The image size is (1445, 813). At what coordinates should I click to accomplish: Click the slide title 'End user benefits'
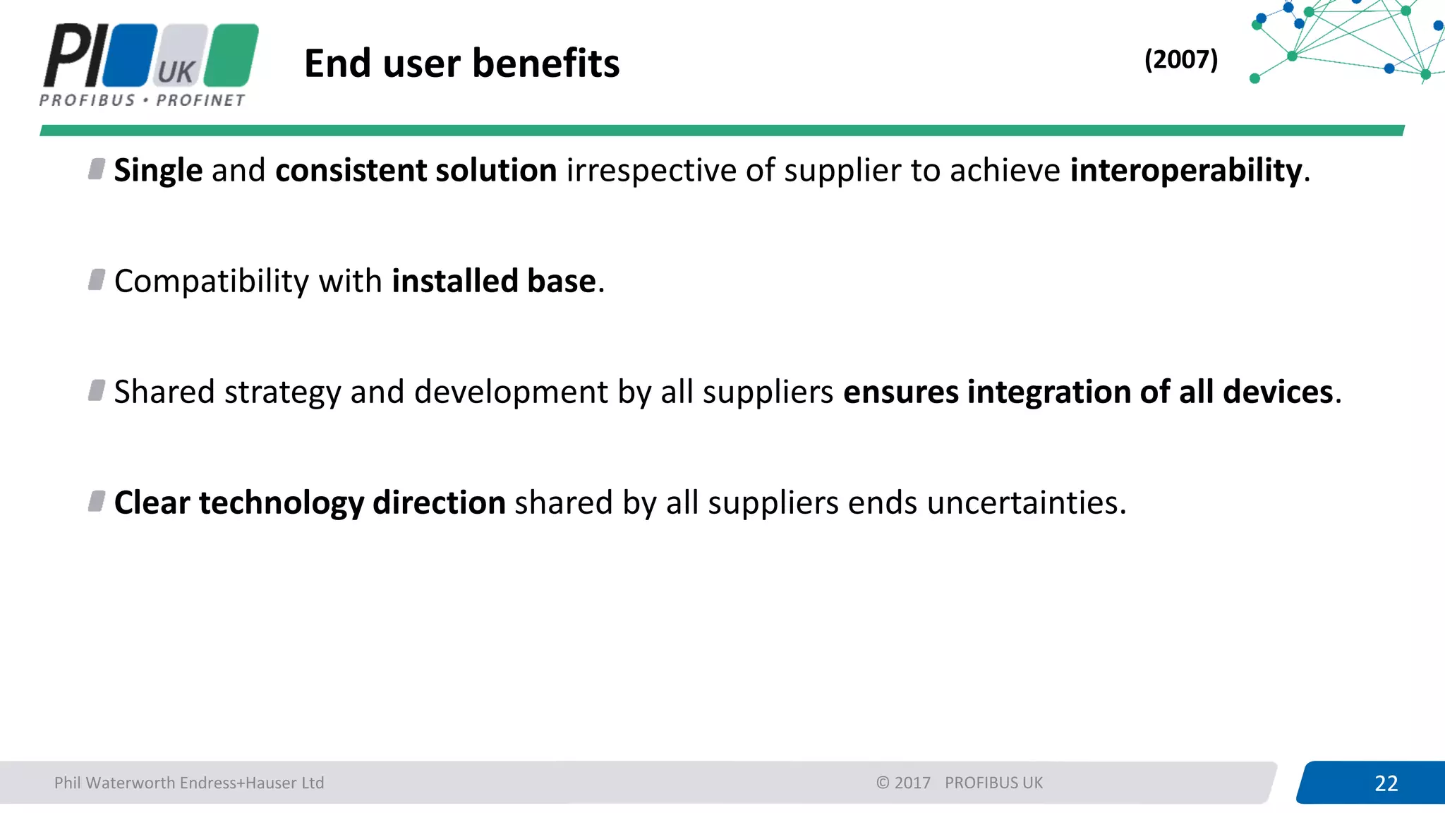point(461,64)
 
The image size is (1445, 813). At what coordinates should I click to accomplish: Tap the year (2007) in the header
point(1180,59)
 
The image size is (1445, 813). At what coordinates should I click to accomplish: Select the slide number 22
point(1386,783)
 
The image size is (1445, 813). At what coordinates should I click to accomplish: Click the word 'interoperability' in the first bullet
point(1185,171)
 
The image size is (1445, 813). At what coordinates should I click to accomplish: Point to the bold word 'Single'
point(158,171)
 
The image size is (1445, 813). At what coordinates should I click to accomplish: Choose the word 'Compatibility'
point(212,282)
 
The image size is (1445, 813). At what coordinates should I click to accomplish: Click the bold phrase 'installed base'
point(494,282)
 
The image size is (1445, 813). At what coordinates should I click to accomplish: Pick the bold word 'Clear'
point(152,503)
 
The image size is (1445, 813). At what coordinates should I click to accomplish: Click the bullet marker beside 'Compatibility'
point(97,279)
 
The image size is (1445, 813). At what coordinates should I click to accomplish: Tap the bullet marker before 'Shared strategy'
point(97,390)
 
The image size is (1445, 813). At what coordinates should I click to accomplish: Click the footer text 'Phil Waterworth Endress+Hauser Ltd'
point(189,783)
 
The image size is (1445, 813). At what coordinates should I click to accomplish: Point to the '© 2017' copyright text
point(903,783)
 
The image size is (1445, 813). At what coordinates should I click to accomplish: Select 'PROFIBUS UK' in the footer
point(993,783)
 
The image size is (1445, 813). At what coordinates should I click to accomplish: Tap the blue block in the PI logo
point(130,55)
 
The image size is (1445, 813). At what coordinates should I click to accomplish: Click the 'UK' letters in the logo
point(176,71)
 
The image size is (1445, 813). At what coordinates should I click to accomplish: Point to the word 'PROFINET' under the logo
point(200,100)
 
